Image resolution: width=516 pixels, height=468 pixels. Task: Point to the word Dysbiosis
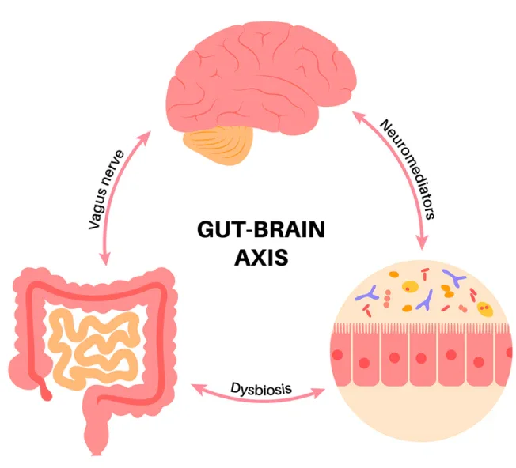click(x=261, y=387)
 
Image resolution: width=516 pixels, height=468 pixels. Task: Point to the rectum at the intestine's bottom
click(x=96, y=443)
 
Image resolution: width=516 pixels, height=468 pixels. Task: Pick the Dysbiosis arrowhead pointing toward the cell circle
click(x=325, y=393)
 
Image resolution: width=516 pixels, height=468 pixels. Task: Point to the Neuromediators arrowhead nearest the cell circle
click(x=426, y=240)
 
